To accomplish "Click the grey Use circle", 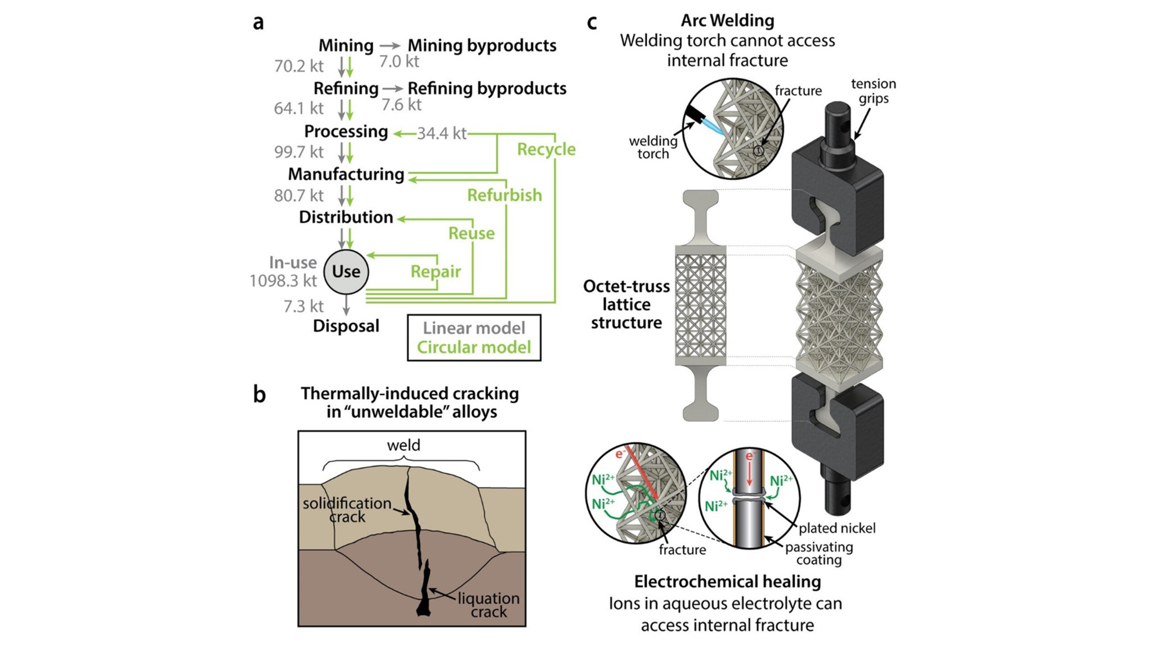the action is (x=346, y=272).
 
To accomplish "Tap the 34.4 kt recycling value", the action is (x=441, y=133).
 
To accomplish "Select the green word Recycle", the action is (x=546, y=149).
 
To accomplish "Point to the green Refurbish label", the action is (x=504, y=195).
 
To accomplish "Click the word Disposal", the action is (x=346, y=326).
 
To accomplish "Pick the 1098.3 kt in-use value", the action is (x=283, y=281).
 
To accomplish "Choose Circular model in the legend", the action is (x=474, y=347).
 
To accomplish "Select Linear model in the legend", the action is (x=474, y=328).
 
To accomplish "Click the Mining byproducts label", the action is (x=482, y=46).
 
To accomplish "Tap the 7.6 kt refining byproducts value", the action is (x=401, y=105).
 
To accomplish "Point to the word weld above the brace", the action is (x=404, y=445).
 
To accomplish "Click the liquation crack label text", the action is (x=489, y=605).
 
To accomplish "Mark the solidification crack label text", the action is (x=347, y=510).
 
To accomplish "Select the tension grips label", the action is (x=873, y=91).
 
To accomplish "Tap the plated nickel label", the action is (x=837, y=528).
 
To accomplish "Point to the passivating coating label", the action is (x=819, y=553).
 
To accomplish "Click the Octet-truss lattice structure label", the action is (x=626, y=305).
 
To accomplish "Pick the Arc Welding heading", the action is (x=727, y=21).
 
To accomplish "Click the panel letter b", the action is (x=259, y=394).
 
